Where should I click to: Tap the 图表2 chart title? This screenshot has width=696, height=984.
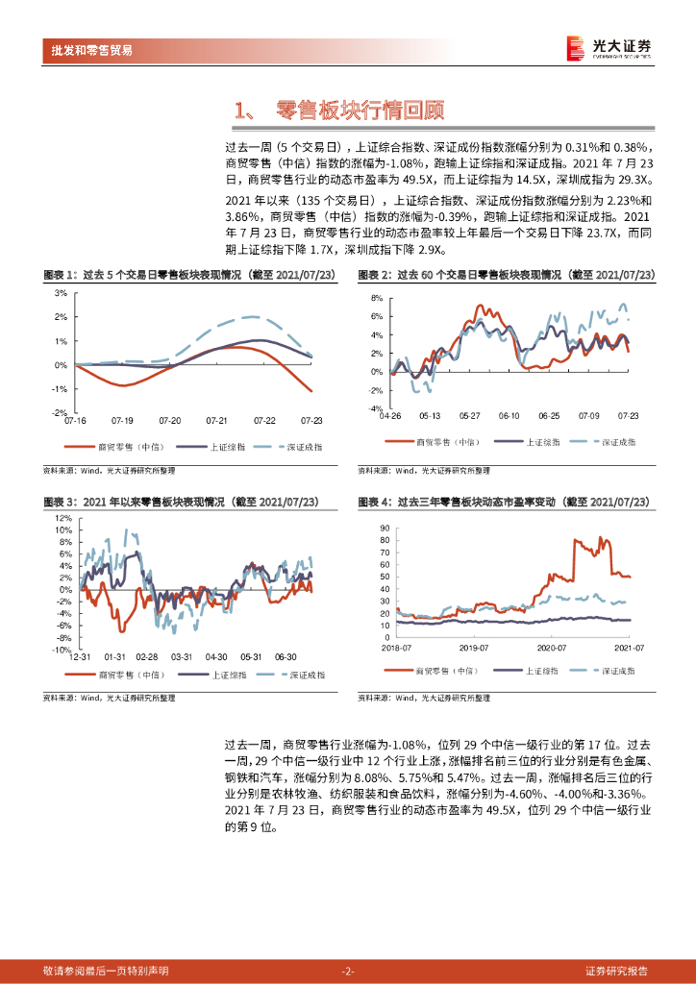(506, 275)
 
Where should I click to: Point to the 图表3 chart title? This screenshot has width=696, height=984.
(182, 503)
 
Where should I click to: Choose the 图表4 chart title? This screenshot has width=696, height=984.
(504, 503)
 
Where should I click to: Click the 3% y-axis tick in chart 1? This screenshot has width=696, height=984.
(60, 293)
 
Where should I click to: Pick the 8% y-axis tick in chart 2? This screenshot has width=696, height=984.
(377, 299)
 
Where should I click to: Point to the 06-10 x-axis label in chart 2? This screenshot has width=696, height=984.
(509, 416)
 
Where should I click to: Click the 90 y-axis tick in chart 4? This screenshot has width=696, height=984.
(385, 529)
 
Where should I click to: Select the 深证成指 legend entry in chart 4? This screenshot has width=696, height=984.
(611, 669)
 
